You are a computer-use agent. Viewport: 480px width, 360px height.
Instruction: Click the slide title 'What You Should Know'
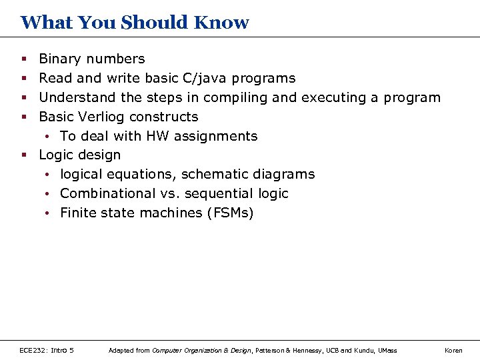pos(135,23)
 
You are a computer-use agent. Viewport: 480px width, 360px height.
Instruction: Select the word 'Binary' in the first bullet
pos(58,59)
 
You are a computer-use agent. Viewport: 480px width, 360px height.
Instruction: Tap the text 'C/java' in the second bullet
pos(204,79)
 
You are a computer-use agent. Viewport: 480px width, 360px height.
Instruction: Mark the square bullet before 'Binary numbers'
pos(23,60)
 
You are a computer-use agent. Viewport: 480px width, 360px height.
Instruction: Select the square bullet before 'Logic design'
pos(23,155)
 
